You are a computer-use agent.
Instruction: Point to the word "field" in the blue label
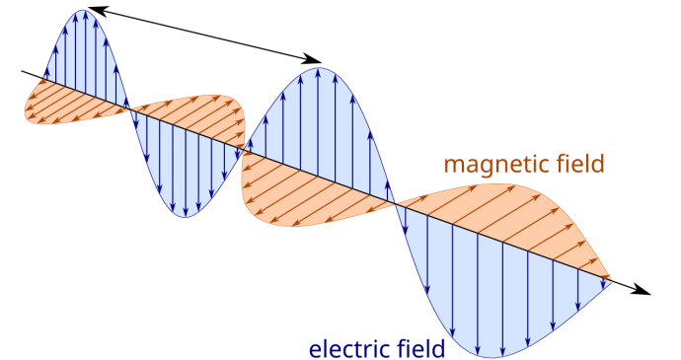[x=419, y=349]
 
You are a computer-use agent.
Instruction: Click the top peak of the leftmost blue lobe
[x=85, y=12]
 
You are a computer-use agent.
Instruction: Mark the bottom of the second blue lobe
[x=185, y=214]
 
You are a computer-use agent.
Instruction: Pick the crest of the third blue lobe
[x=318, y=69]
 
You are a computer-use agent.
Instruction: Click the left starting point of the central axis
[x=41, y=79]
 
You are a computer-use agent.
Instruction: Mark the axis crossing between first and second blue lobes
[x=129, y=108]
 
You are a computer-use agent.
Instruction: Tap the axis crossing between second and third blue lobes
[x=243, y=151]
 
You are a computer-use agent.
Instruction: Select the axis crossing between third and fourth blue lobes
[x=396, y=204]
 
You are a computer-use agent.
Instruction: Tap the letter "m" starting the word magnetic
[x=453, y=165]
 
